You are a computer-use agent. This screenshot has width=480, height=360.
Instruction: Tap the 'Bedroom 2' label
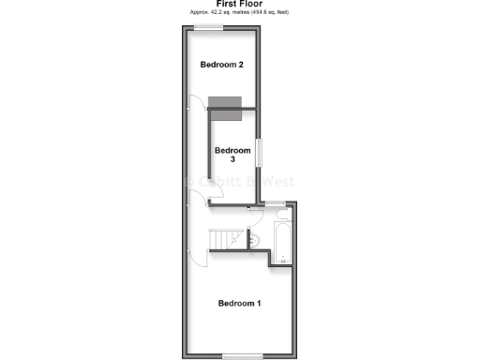pyautogui.click(x=223, y=65)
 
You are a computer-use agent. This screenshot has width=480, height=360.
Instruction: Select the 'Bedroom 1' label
pyautogui.click(x=239, y=303)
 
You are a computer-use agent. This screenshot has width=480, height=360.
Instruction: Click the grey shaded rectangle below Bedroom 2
pyautogui.click(x=225, y=102)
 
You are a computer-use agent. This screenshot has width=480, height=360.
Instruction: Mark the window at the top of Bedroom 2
pyautogui.click(x=209, y=27)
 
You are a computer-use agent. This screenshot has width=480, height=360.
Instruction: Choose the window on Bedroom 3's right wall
pyautogui.click(x=262, y=151)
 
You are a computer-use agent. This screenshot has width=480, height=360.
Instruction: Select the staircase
pyautogui.click(x=225, y=241)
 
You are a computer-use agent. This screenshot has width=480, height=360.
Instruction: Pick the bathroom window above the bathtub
pyautogui.click(x=275, y=202)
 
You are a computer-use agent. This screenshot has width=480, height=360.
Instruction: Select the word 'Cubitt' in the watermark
pyautogui.click(x=217, y=181)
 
